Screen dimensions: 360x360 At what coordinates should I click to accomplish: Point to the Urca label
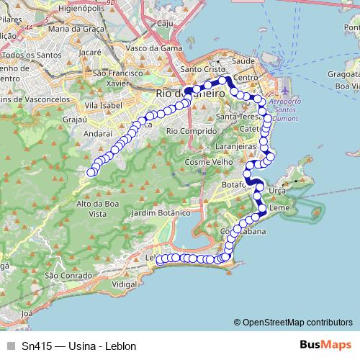point(276,189)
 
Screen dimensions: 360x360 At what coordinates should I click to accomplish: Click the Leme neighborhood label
point(279,208)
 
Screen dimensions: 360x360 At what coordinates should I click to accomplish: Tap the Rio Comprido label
point(192,131)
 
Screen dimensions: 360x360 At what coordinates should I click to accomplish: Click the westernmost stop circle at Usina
point(91,172)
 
